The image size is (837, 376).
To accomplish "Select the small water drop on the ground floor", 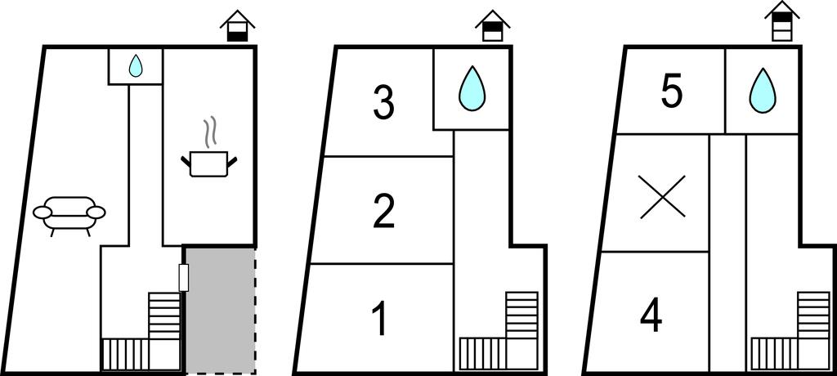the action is pos(137,65).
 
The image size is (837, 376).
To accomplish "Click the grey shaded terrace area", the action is pos(220,310).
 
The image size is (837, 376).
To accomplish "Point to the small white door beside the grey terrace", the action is pos(184,278).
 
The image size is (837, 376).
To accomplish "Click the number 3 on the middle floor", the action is pos(383,103).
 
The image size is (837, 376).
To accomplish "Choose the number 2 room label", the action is pos(383,212).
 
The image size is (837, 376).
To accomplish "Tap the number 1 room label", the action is pos(379,320).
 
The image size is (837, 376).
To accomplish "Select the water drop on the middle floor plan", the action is pos(472,88).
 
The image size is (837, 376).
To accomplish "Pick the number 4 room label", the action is pos(651,316).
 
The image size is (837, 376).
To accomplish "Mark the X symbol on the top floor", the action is pos(662,196).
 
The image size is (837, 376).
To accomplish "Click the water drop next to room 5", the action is pos(763,91).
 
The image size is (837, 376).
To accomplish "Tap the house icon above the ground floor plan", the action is pos(238,26).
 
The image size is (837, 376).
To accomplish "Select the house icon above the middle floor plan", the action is pos(493,26).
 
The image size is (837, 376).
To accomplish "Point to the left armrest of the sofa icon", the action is pos(42,213).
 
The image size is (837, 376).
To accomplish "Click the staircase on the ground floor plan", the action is pos(141,331).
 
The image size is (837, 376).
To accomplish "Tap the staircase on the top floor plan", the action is pos(790,331).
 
